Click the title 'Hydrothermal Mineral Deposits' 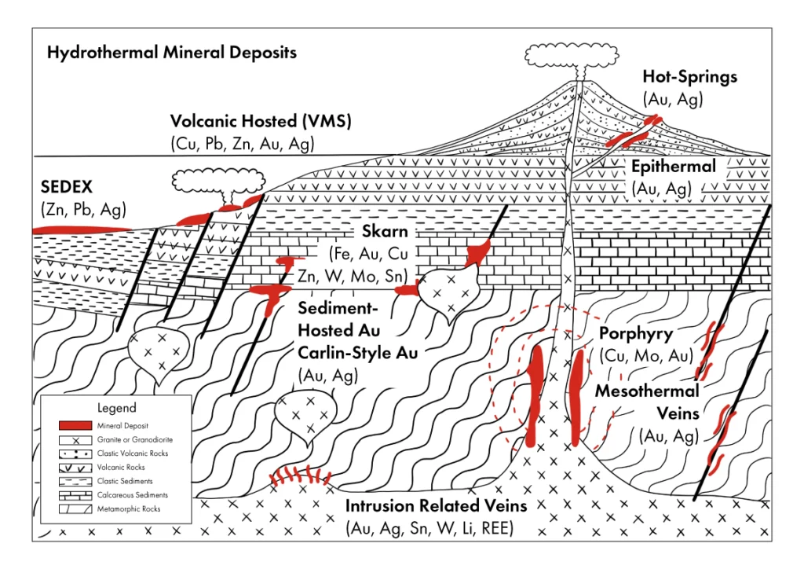coord(172,53)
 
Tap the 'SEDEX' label coord(67,189)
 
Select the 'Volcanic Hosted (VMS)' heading coord(261,123)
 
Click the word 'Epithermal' coord(674,167)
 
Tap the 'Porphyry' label coord(635,332)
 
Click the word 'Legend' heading coord(116,408)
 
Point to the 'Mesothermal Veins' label coord(647,401)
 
